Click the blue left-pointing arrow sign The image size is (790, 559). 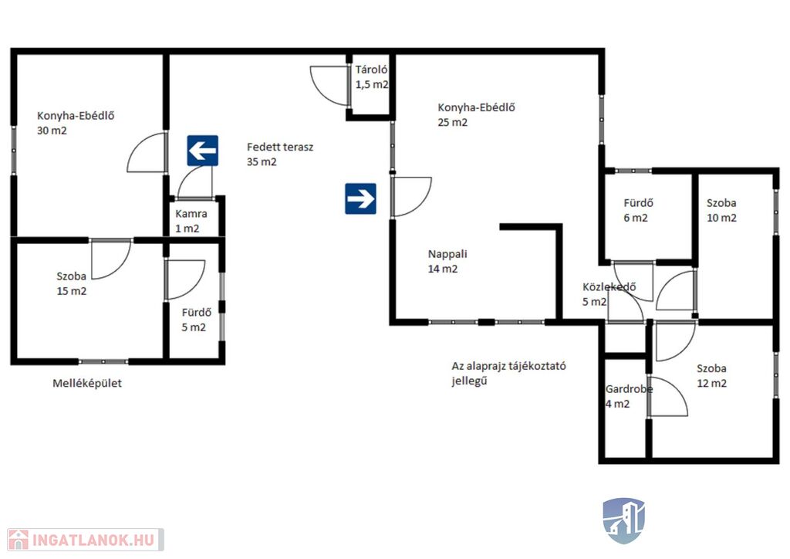click(x=203, y=151)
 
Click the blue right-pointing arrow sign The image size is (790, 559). click(x=360, y=198)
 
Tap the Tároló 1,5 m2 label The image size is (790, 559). click(x=372, y=77)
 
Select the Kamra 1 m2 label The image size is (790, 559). click(x=191, y=221)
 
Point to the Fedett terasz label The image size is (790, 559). click(x=279, y=154)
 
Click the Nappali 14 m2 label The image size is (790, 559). click(x=447, y=261)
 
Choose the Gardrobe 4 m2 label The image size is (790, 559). click(x=629, y=396)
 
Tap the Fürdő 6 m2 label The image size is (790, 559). click(x=638, y=210)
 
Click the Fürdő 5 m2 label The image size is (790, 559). click(x=197, y=320)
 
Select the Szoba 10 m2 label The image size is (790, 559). click(x=721, y=210)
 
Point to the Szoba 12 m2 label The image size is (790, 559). click(x=711, y=375)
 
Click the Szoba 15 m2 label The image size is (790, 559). click(x=71, y=283)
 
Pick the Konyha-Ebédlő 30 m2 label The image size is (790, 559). click(x=76, y=123)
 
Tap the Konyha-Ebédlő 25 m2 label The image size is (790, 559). click(x=476, y=114)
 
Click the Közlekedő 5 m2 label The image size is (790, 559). click(x=609, y=294)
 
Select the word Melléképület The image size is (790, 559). click(x=87, y=383)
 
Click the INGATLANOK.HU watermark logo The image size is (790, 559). click(x=86, y=540)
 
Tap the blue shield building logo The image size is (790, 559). click(x=623, y=520)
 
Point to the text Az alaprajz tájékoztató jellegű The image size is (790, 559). click(x=508, y=373)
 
